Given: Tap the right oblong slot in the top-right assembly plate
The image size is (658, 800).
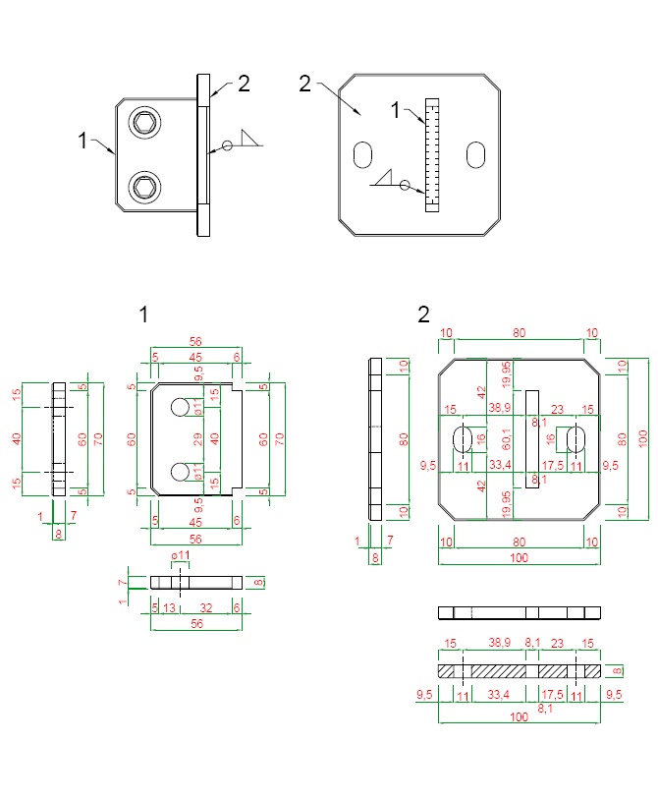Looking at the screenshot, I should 476,154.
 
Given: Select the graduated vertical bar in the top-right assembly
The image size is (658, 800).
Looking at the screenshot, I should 429,153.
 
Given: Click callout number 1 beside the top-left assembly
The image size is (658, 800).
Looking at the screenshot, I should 82,141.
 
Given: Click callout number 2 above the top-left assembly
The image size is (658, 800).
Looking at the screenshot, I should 244,83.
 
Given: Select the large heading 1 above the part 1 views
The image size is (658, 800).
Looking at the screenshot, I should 143,314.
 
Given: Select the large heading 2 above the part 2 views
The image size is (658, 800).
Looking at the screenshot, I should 423,314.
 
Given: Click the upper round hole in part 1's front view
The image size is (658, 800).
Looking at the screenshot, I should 180,407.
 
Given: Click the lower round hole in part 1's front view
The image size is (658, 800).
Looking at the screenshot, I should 180,473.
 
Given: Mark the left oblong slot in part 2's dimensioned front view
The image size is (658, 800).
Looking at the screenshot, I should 463,439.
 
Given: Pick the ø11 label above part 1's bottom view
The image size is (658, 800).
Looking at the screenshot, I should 179,558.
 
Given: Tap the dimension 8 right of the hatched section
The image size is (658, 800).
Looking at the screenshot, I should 617,671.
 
